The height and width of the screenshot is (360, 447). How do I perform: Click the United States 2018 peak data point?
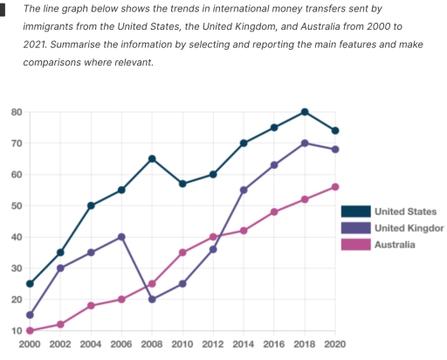point(305,112)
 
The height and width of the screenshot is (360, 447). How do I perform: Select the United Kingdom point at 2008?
point(152,299)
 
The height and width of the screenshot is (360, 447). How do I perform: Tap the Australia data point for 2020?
point(335,187)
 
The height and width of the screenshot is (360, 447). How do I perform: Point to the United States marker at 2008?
point(152,159)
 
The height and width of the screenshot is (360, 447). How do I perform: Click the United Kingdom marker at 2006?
point(121,237)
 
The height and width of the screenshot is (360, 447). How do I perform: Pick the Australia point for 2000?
point(31,330)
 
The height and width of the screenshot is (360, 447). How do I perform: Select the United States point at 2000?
point(31,284)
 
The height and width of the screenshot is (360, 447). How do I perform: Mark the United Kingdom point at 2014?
point(244,190)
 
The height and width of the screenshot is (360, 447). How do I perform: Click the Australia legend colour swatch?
point(355,245)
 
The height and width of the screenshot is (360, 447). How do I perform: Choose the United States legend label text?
point(405,211)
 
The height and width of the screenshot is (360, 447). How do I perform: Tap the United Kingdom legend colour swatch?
point(355,228)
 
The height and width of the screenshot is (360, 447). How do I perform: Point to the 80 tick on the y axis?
point(17,112)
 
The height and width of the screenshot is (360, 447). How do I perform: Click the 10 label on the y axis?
point(17,330)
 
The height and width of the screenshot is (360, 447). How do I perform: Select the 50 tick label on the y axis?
point(17,205)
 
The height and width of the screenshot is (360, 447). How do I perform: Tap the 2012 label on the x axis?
point(213,347)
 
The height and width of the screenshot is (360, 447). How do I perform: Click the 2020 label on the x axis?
point(335,347)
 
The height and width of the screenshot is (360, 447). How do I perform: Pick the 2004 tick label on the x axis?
point(91,347)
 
